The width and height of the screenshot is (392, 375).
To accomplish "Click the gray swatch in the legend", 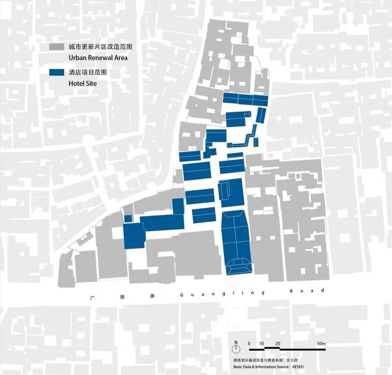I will coord(56,47).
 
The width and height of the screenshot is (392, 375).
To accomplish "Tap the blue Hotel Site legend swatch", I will coord(56,73).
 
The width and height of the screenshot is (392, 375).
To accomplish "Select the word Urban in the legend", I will coord(78,58).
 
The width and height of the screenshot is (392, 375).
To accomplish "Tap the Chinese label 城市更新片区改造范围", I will coord(100,47).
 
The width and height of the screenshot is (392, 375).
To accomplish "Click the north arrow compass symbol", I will coord(236,349).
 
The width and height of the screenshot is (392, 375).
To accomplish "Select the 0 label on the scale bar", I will coord(249,344).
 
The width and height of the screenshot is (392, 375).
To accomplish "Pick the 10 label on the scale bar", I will coord(261,344).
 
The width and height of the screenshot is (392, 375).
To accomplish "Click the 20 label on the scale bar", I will coord(278,344).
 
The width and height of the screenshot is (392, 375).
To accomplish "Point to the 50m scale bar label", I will coord(321,344).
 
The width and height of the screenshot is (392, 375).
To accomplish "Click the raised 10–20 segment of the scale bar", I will coord(272,348).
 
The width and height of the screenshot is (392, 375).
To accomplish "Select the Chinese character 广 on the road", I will coord(94,297).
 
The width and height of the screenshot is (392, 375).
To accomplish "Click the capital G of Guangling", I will coord(181,294).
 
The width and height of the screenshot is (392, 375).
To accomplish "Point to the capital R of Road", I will coord(291,291).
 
